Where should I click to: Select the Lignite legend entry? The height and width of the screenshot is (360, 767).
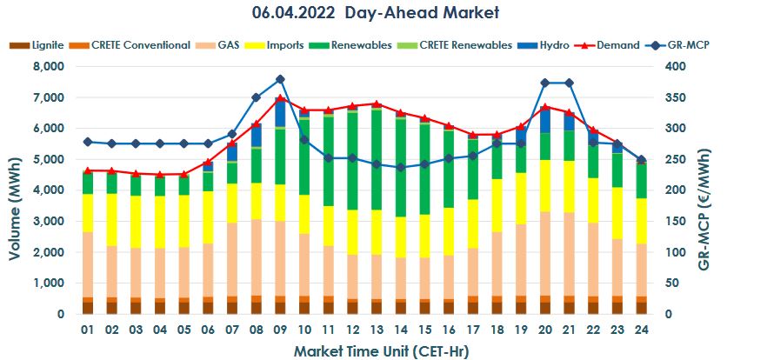(37, 44)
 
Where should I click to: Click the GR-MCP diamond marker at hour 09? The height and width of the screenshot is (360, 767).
(280, 79)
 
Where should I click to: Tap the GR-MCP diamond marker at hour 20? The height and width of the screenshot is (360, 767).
(544, 83)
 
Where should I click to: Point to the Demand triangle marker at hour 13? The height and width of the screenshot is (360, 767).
(376, 103)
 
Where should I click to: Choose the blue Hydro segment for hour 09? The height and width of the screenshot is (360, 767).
(280, 114)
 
